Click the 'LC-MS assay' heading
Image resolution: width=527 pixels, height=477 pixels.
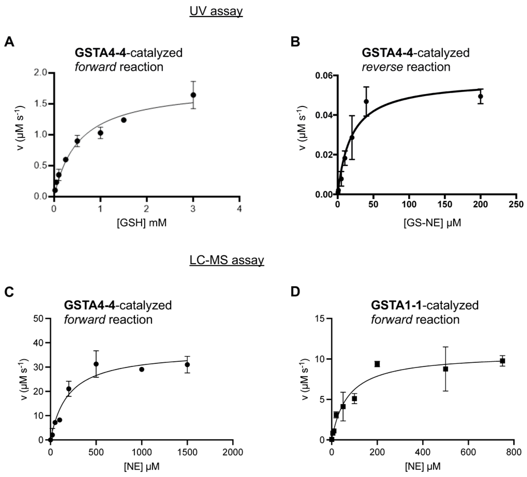(227, 260)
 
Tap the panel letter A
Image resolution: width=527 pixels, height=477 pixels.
(9, 42)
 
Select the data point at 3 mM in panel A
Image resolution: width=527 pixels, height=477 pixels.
(193, 95)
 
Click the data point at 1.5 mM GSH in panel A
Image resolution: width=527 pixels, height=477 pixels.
(124, 120)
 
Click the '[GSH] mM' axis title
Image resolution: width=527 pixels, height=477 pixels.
(142, 223)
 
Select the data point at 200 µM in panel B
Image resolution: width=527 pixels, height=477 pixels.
(480, 96)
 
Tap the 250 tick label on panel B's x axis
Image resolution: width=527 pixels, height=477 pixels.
(516, 204)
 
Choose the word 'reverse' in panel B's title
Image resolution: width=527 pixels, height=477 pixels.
(382, 67)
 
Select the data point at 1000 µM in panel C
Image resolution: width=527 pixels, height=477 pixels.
(142, 370)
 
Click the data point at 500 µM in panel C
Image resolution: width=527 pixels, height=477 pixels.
(96, 364)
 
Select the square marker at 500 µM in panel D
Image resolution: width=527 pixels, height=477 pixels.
(446, 369)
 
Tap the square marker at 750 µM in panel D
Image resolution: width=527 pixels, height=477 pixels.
(502, 361)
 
